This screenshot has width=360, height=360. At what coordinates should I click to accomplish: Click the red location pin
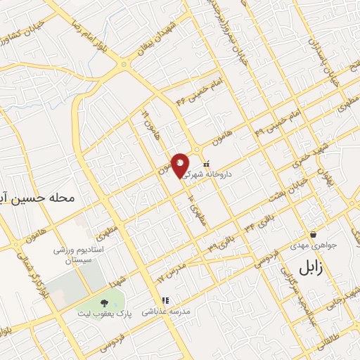(181, 165)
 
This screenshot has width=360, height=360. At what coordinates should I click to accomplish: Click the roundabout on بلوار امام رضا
(124, 65)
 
